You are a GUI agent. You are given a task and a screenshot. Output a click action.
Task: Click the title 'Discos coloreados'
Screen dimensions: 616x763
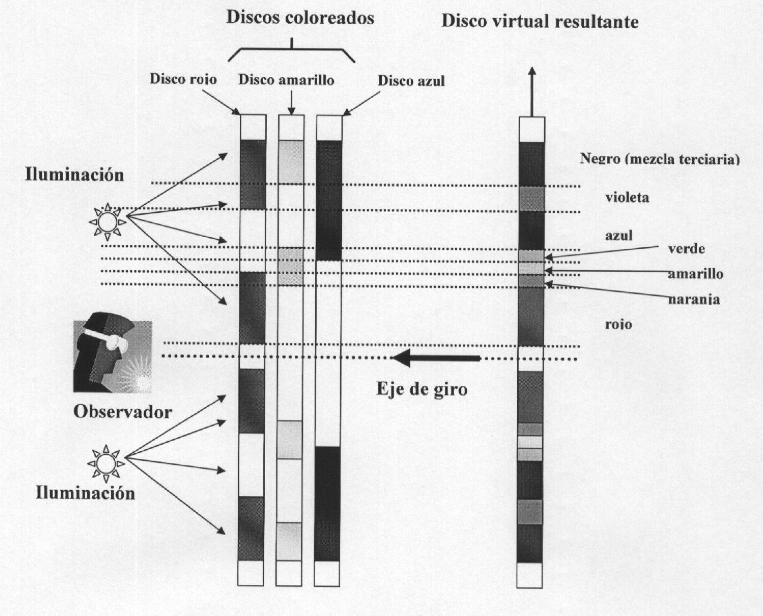pos(300,18)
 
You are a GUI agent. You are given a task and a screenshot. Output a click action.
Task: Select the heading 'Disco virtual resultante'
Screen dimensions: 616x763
pos(540,21)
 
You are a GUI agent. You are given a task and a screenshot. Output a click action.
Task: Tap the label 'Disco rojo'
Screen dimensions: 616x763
pos(183,79)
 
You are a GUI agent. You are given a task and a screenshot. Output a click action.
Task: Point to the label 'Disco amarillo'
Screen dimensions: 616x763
pos(286,80)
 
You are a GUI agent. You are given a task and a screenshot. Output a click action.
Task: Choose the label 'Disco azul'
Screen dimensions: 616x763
pos(411,81)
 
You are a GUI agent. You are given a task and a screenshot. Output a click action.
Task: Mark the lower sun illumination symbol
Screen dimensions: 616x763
pos(106,463)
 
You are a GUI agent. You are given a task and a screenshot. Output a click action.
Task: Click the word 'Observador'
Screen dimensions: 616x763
pos(123,412)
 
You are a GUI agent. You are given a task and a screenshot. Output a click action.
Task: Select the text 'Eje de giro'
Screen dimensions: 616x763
pos(422,389)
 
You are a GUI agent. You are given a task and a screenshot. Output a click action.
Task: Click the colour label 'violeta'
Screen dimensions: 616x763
pos(627,198)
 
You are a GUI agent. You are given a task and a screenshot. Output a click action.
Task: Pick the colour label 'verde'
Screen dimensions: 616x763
pos(686,249)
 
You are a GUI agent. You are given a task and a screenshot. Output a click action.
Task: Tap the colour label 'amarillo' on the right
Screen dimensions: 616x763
pos(695,274)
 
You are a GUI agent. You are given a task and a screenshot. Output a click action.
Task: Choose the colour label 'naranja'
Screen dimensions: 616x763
pos(694,299)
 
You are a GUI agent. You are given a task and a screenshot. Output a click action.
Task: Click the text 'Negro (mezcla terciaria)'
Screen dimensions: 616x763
pos(660,159)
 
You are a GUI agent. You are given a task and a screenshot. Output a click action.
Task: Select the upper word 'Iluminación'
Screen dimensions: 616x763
pos(74,175)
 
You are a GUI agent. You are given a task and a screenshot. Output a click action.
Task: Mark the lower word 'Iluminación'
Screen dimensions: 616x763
pos(85,493)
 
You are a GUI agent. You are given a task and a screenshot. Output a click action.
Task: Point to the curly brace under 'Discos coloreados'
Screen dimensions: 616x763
pos(291,51)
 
